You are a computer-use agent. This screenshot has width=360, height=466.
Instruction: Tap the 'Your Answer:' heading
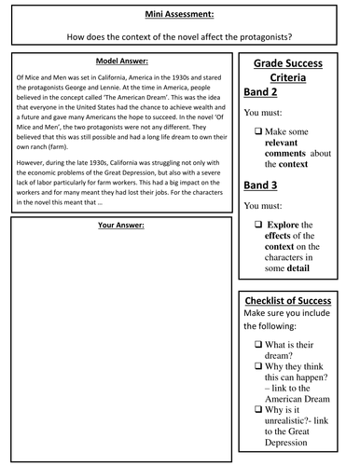[124, 226]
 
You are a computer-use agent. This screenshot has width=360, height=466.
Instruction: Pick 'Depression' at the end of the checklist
[291, 452]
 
